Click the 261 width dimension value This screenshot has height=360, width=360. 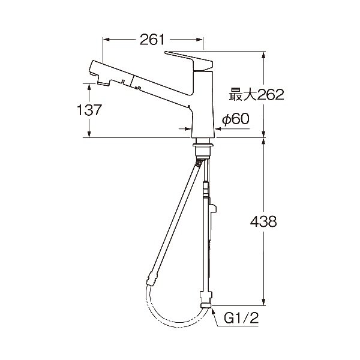tap(152, 40)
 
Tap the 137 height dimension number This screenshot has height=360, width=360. tap(89, 110)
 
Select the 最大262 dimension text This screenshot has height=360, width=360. tap(256, 94)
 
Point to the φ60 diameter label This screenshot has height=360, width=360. tap(236, 119)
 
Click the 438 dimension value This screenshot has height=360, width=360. tap(263, 222)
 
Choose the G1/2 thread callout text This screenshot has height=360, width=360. tap(241, 318)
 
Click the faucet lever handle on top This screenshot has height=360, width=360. tap(189, 60)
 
